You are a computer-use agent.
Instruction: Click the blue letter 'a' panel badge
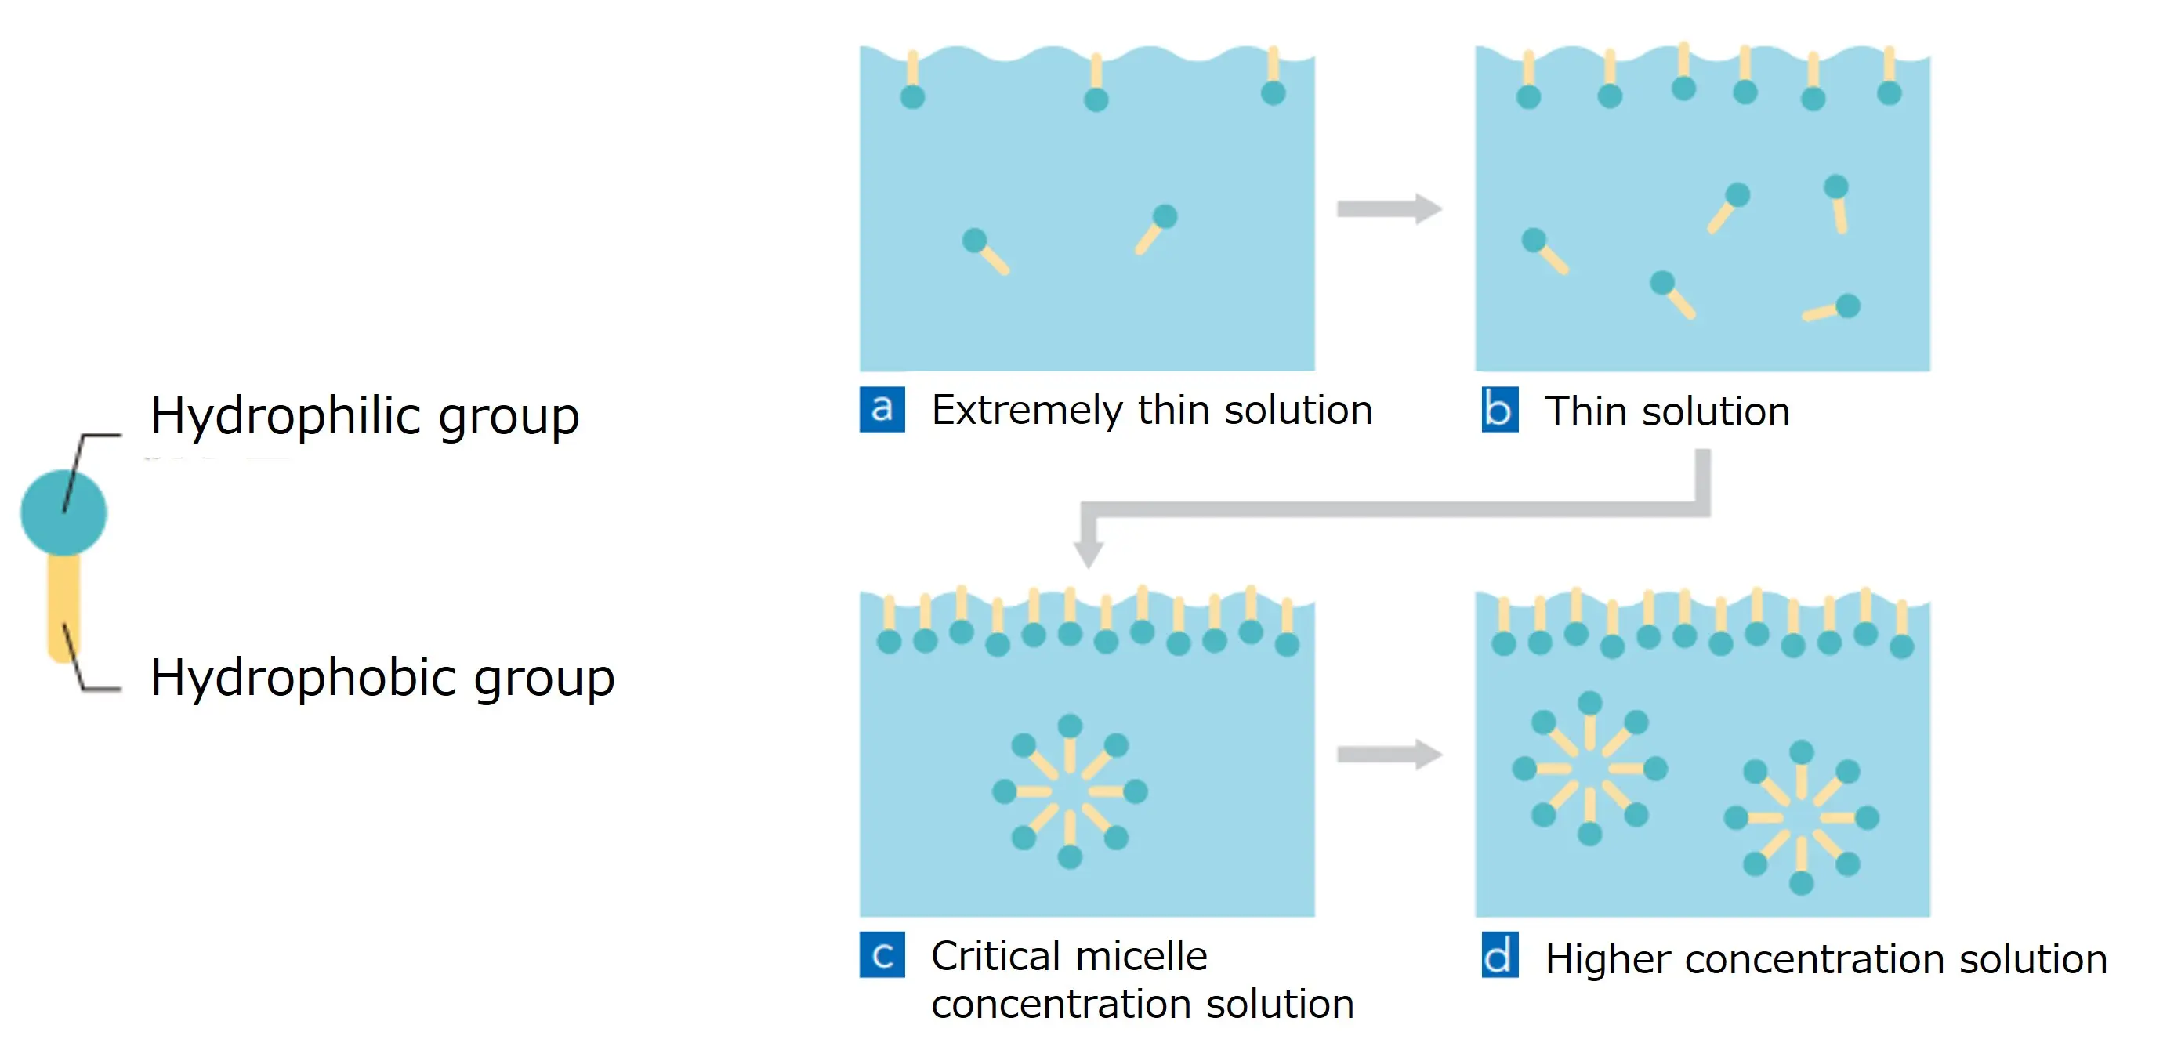point(882,409)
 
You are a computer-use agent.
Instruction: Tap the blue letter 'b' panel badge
point(1500,409)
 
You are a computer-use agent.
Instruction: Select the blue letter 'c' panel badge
point(882,954)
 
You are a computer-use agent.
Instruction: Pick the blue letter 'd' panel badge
point(1500,954)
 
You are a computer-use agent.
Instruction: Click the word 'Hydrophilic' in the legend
point(286,416)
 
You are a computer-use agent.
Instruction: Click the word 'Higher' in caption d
point(1607,960)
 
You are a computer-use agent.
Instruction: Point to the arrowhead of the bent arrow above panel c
point(1089,553)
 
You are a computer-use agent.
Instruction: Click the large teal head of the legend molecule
point(63,512)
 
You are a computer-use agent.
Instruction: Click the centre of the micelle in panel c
point(1069,791)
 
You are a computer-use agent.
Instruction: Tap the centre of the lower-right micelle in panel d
point(1801,818)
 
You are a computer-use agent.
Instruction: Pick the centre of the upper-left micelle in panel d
point(1589,769)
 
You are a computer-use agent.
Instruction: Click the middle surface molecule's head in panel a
point(1096,100)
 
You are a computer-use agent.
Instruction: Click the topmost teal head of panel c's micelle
point(1069,726)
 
